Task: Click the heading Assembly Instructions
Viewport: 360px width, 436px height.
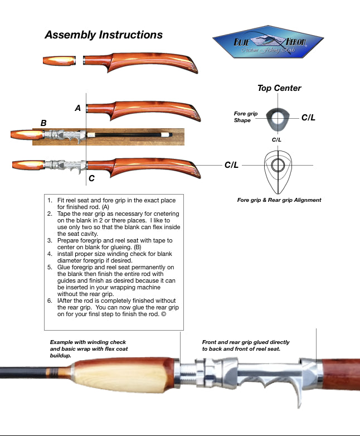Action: [104, 35]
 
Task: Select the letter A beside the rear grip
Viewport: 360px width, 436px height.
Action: [78, 108]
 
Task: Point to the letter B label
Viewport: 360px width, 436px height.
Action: [43, 123]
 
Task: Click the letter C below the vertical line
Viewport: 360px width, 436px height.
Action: [91, 179]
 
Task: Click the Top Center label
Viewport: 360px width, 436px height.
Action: [279, 88]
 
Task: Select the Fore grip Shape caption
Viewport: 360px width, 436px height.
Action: [245, 117]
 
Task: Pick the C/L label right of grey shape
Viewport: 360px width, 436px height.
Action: [309, 118]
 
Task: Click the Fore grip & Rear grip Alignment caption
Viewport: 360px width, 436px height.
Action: [279, 200]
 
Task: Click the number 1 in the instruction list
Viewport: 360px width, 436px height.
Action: [50, 200]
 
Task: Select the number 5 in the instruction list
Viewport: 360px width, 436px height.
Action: [50, 268]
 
